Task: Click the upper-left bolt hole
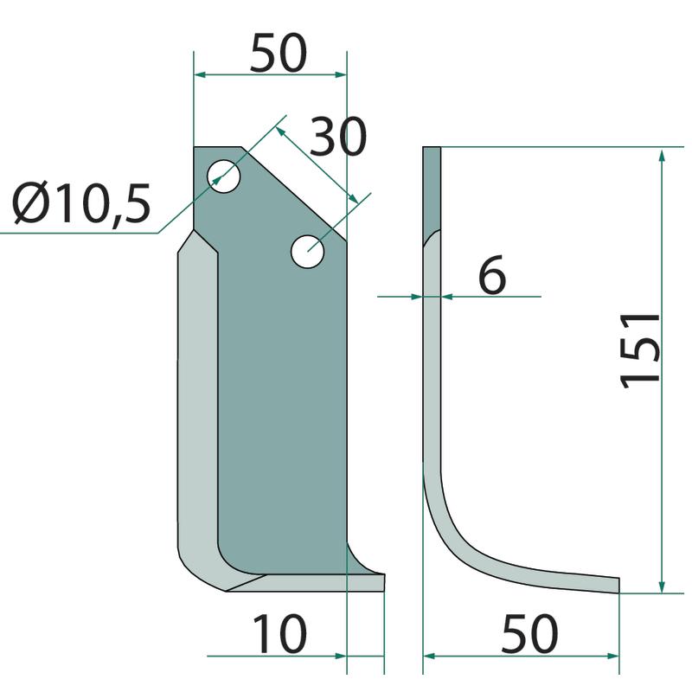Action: [223, 176]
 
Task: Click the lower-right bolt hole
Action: [308, 252]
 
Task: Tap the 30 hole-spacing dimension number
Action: [337, 137]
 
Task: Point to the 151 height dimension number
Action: [640, 351]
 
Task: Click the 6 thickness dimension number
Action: [491, 274]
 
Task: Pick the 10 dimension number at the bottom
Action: [279, 633]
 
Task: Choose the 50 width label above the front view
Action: [278, 53]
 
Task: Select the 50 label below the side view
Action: [529, 634]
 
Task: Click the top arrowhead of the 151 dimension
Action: [661, 156]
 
